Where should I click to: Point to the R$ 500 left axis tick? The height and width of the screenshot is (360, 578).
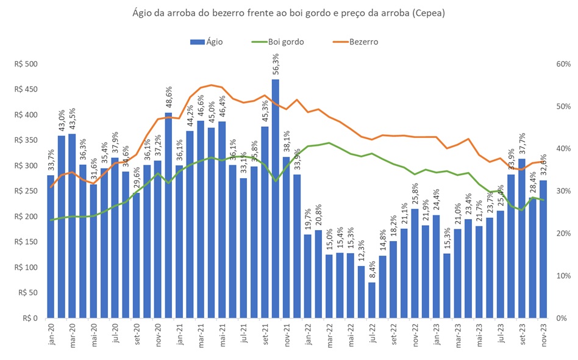tap(27, 64)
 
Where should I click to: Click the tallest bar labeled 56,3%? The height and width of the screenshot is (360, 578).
tap(276, 198)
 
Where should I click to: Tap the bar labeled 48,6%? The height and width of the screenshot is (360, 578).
tap(169, 215)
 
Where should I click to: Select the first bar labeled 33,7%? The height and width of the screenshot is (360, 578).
tap(51, 247)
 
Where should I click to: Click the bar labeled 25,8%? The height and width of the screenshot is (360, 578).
tap(415, 264)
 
